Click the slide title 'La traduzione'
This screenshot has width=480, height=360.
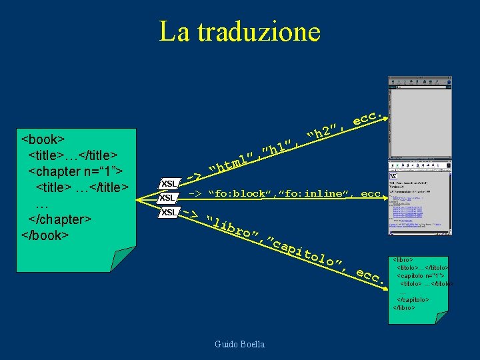click(239, 31)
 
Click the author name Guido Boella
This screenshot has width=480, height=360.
click(239, 344)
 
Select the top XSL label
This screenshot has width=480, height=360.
click(169, 183)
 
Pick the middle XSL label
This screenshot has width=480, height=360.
click(167, 198)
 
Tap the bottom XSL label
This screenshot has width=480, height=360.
click(168, 212)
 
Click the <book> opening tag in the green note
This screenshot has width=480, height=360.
click(43, 139)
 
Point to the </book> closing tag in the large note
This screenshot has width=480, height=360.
click(46, 235)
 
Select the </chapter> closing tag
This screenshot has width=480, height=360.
click(59, 219)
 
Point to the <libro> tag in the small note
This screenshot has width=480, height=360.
click(403, 259)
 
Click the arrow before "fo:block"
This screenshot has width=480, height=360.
click(195, 194)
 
